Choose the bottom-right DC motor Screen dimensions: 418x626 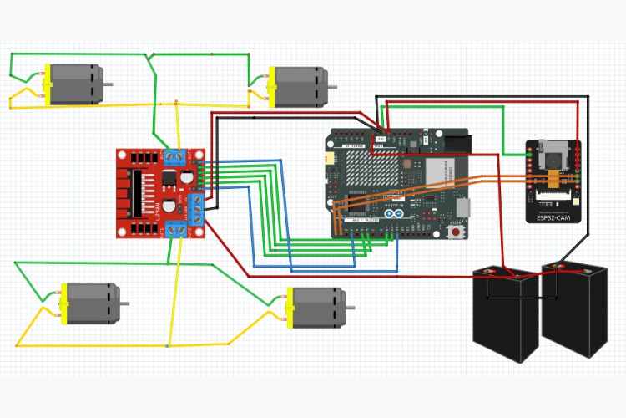pos(316,307)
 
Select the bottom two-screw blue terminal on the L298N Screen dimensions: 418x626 pos(175,230)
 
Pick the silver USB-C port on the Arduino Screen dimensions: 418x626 pos(463,206)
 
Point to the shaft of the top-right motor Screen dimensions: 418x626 pos(332,87)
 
